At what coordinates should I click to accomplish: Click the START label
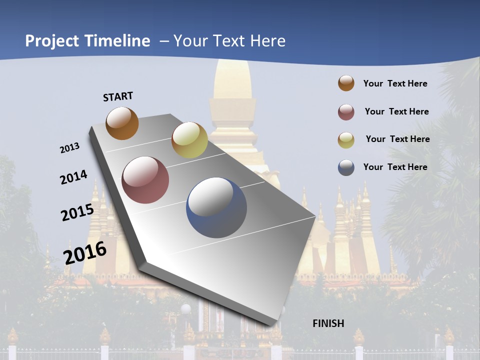pos(118,96)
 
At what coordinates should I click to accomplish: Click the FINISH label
pos(328,323)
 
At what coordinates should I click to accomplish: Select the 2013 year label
pos(69,148)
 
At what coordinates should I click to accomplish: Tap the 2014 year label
pos(73,177)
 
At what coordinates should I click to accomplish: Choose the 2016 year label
pos(85,253)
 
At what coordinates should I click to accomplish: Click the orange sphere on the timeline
pos(122,123)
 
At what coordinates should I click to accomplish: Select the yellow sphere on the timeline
pos(189,140)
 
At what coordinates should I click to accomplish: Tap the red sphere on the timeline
pos(145,180)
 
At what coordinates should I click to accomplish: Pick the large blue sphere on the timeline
pos(216,207)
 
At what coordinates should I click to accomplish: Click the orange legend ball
pos(346,83)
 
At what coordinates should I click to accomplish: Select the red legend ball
pos(346,112)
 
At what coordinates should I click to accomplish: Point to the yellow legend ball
pos(346,140)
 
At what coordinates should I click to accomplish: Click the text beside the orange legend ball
pos(395,83)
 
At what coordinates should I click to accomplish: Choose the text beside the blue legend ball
pos(395,167)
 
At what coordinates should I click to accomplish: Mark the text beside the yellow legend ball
pos(397,139)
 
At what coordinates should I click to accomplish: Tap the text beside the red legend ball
pos(396,111)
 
